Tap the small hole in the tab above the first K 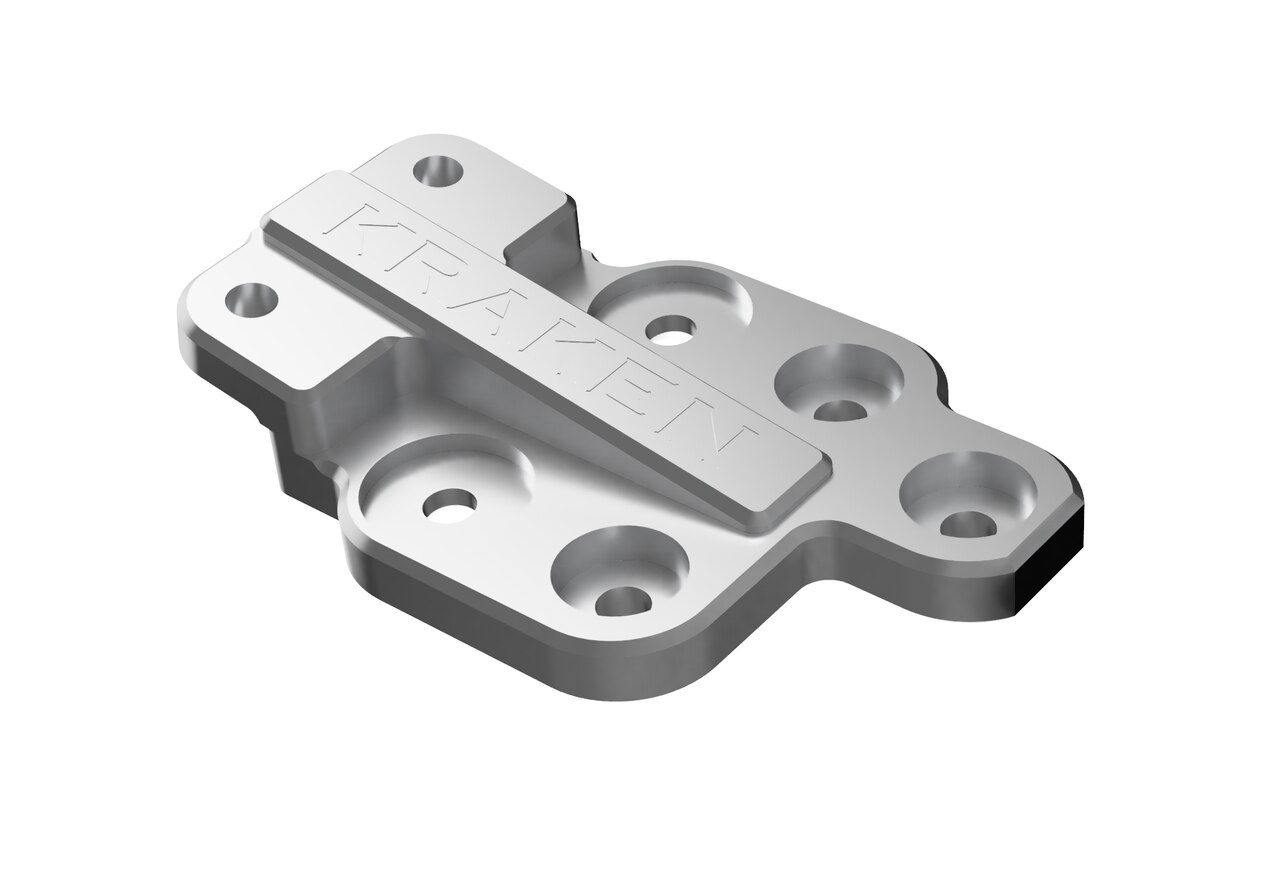click(437, 171)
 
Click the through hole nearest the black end click(965, 523)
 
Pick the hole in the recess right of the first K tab click(671, 327)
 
